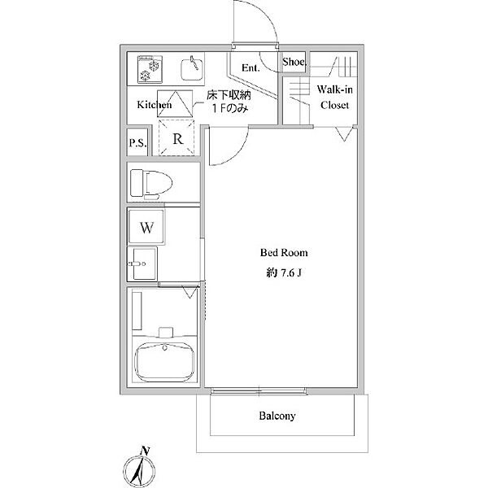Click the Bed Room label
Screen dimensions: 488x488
point(284,252)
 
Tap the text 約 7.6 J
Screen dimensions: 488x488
point(284,273)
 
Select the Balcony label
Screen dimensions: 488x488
point(277,416)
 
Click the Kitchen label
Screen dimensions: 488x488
point(155,105)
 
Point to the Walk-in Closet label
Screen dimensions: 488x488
point(334,97)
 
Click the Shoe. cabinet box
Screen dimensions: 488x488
point(294,63)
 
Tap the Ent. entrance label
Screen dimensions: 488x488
point(251,68)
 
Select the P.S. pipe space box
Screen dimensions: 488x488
point(137,142)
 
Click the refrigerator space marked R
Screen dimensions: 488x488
point(176,138)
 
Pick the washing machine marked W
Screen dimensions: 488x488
point(146,227)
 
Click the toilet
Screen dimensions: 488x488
point(151,184)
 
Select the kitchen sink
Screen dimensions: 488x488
point(192,68)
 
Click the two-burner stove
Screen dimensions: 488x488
point(150,69)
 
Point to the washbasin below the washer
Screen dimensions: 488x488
point(142,264)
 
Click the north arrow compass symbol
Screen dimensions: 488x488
point(139,469)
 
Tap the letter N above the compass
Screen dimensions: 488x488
point(145,451)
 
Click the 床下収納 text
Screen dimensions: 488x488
point(229,95)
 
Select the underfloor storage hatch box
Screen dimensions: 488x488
point(175,103)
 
